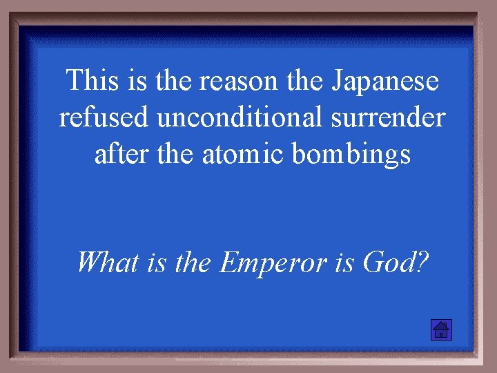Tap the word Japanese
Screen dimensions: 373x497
point(385,82)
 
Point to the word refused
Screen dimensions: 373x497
point(104,117)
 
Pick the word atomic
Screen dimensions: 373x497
point(242,154)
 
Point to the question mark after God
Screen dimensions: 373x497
point(422,262)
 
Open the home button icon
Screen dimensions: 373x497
point(440,330)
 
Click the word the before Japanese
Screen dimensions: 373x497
point(303,82)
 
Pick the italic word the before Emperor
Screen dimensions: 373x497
point(193,262)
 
